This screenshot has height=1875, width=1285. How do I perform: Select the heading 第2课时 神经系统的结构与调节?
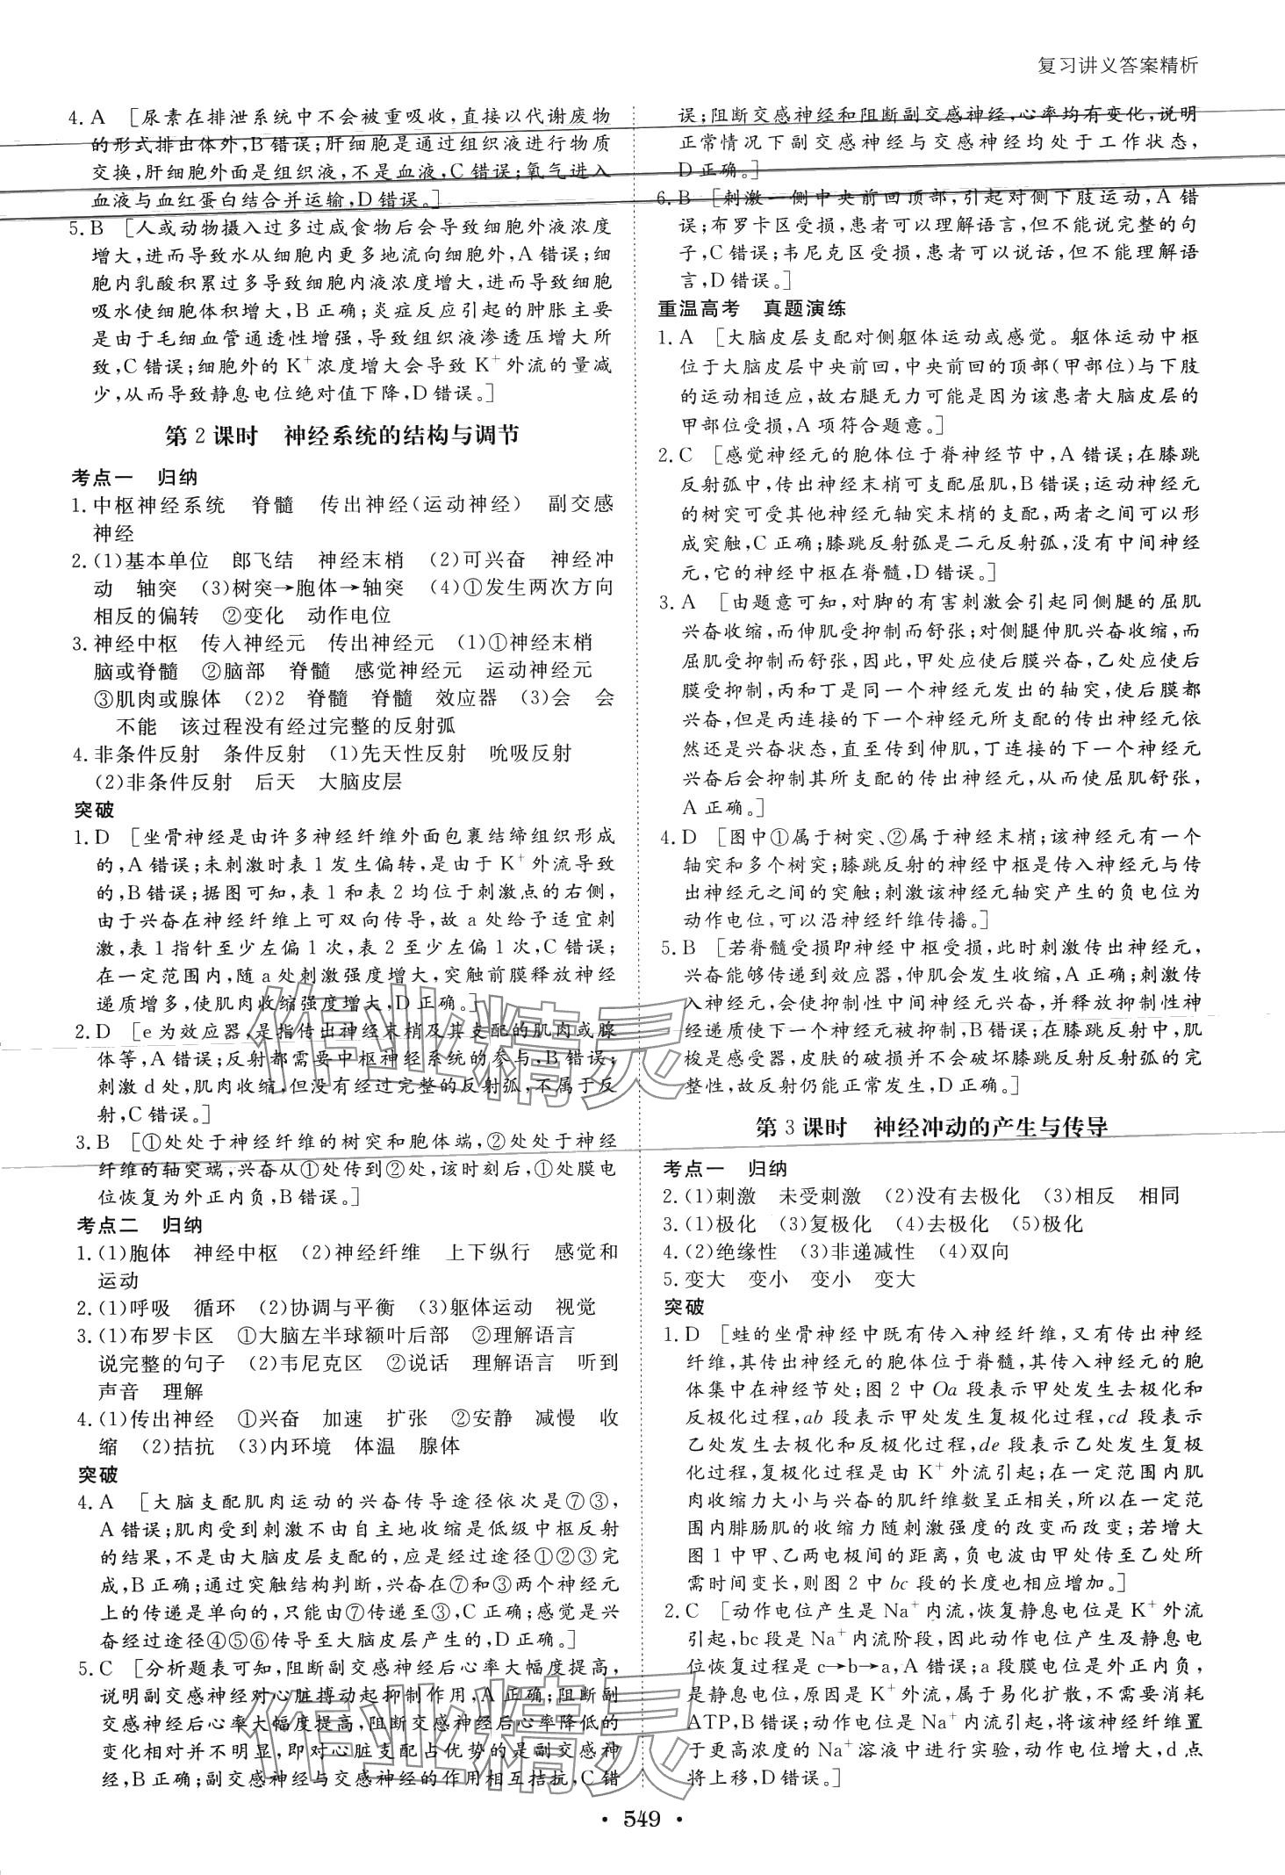pyautogui.click(x=341, y=436)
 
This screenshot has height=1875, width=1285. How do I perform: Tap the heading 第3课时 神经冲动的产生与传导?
pyautogui.click(x=930, y=1129)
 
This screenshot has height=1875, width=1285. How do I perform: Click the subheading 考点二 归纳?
pyautogui.click(x=139, y=1225)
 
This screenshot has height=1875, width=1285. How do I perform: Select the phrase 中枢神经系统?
pyautogui.click(x=159, y=505)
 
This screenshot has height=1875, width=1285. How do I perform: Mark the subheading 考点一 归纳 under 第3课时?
pyautogui.click(x=725, y=1169)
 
